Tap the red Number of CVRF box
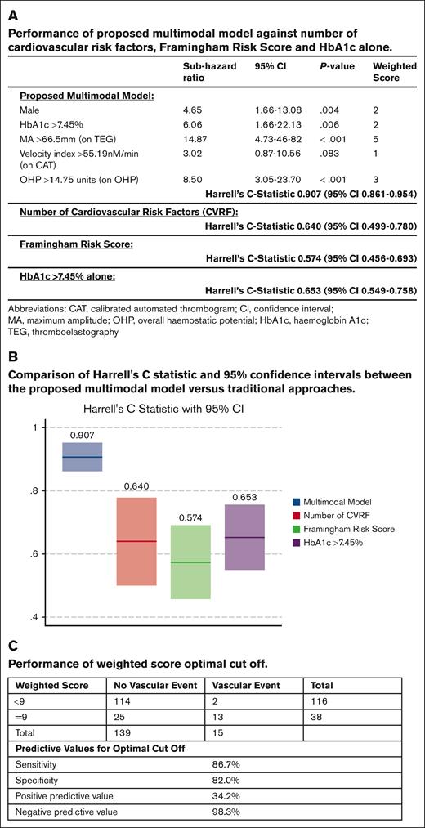coord(136,541)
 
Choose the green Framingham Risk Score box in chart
coord(190,562)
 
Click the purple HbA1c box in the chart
coord(244,537)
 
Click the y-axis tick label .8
coord(33,490)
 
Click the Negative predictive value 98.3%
coord(227,812)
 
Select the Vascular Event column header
coord(243,684)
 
